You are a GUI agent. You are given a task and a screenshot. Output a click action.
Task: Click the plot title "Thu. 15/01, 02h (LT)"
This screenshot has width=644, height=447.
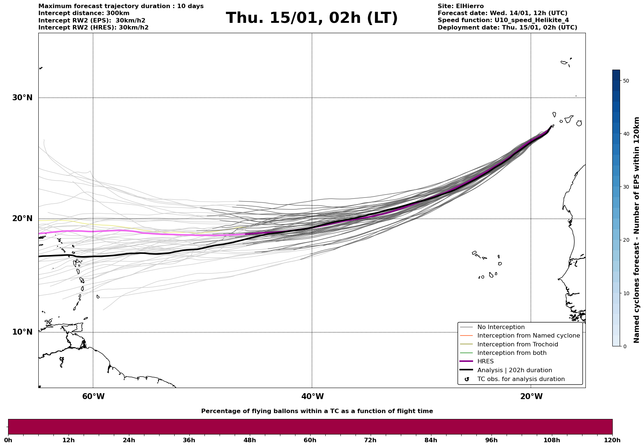tap(312, 18)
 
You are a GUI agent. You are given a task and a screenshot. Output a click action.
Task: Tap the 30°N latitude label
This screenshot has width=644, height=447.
tap(22, 98)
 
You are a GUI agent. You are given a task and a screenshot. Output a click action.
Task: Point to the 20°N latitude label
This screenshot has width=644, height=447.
tap(22, 219)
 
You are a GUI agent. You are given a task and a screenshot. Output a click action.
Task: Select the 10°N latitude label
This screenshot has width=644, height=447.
tap(22, 332)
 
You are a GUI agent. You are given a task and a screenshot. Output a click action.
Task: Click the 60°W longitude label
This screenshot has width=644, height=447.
tap(93, 397)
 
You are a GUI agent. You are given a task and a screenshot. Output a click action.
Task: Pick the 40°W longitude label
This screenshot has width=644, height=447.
tap(312, 397)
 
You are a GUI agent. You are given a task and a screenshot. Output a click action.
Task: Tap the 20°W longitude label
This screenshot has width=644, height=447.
tap(531, 397)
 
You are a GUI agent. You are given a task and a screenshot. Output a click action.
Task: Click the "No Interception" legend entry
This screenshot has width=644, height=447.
tap(501, 327)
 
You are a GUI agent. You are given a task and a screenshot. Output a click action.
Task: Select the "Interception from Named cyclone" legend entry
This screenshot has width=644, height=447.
tap(528, 336)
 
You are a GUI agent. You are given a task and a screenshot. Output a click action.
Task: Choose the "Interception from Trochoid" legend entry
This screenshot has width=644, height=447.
tap(517, 345)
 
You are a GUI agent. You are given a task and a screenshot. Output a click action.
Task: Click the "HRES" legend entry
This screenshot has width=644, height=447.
tap(485, 362)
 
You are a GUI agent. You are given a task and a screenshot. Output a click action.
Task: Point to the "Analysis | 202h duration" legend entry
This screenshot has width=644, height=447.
tap(514, 370)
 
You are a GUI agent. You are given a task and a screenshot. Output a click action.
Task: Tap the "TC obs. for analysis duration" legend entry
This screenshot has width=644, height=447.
tap(521, 379)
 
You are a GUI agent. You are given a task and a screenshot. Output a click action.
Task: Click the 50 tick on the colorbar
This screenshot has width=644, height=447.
tap(626, 81)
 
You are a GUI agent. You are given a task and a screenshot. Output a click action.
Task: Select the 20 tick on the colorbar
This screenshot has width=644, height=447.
tap(626, 240)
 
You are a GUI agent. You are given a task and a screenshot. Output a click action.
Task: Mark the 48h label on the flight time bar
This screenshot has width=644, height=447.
tap(249, 440)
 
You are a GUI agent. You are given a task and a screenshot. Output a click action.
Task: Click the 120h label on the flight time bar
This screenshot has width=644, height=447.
tap(612, 440)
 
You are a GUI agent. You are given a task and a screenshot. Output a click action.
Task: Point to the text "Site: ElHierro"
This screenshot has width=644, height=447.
tap(461, 6)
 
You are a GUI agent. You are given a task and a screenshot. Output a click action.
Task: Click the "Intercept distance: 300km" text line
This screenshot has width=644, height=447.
tap(84, 13)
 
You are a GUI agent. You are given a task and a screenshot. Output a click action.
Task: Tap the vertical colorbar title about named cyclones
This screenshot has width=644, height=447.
tap(637, 230)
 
